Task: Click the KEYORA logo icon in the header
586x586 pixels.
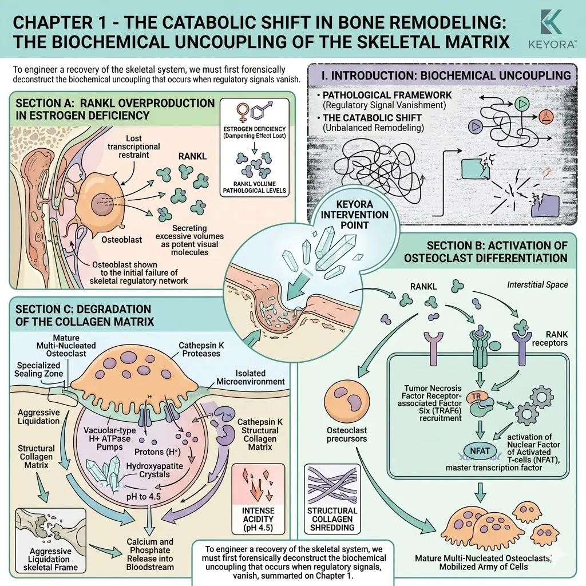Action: (551, 22)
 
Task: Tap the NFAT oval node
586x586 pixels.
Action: (480, 451)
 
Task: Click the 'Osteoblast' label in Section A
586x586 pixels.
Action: (121, 240)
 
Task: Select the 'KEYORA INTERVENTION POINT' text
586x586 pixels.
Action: (354, 215)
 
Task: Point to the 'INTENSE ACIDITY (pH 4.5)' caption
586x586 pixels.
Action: (258, 519)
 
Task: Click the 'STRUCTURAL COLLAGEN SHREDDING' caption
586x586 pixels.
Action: (332, 519)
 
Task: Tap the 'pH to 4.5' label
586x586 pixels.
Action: (144, 496)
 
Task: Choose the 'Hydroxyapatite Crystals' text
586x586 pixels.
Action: (155, 470)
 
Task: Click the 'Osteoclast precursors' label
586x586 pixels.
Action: (346, 435)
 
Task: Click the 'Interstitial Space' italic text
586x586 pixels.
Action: (537, 285)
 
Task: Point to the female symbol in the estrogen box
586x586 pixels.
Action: (243, 112)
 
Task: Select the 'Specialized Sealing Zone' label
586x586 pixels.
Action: (38, 369)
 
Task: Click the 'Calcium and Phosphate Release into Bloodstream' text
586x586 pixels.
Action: (150, 554)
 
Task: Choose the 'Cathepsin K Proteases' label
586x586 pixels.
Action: (201, 350)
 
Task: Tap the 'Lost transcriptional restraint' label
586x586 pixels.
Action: (134, 146)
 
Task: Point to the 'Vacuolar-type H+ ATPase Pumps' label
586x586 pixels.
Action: (107, 438)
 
